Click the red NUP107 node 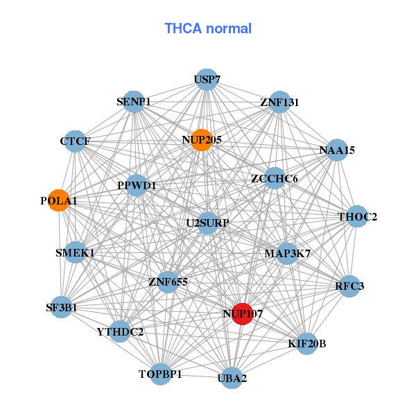(242, 314)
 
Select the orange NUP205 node (202, 140)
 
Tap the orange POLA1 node (59, 200)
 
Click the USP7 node (207, 79)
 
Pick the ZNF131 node (279, 102)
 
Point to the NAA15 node (337, 150)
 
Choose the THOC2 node (357, 216)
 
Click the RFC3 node (349, 286)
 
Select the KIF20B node (306, 344)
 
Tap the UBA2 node (232, 378)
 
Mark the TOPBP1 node (160, 374)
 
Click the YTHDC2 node (120, 331)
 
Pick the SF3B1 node (61, 307)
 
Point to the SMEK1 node (75, 252)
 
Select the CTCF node (75, 141)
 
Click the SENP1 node (134, 102)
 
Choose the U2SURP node (208, 223)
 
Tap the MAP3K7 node (287, 253)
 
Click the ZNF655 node (168, 281)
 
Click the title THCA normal (208, 28)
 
